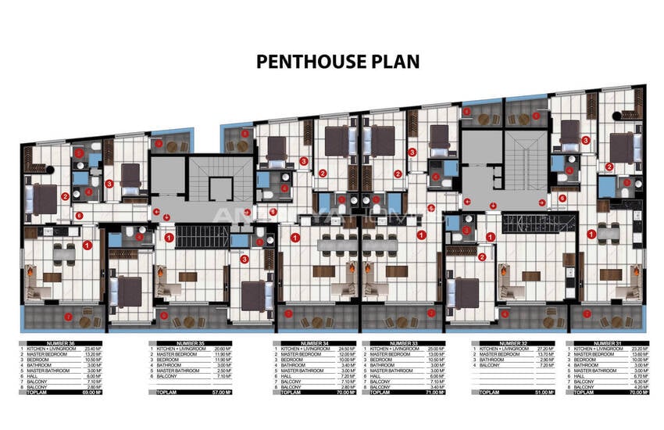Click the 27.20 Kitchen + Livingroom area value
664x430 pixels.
535,348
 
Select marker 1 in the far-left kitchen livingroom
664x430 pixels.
87,245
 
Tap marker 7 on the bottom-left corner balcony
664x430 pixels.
69,317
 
